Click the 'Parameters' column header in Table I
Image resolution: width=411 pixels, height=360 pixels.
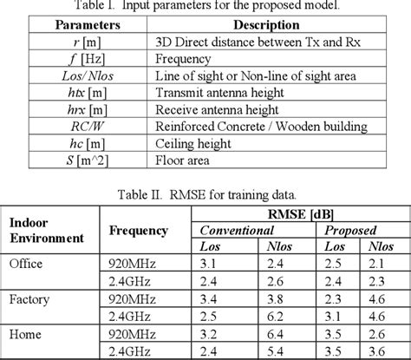coord(92,25)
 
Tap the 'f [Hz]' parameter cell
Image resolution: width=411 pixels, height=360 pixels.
coord(92,60)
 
